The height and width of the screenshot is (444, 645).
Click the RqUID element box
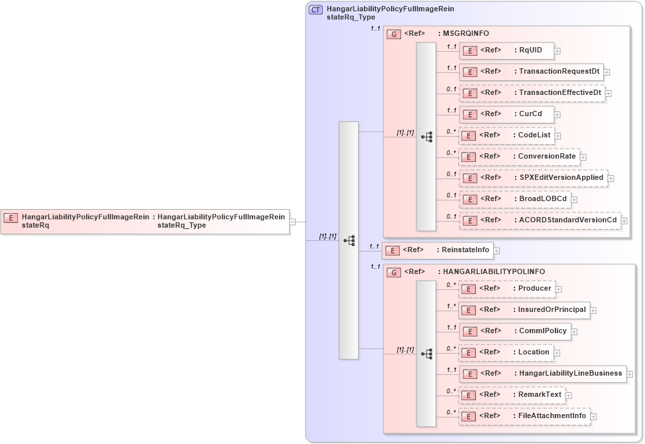(x=506, y=50)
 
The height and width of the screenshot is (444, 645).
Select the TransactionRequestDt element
(x=531, y=72)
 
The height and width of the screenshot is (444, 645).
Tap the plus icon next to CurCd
(x=557, y=114)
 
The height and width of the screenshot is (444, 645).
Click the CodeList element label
(x=534, y=135)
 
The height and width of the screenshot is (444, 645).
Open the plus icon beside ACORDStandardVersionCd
(x=624, y=220)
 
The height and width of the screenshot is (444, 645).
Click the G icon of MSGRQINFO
(x=394, y=34)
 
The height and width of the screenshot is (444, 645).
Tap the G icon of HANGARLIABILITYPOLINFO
(x=393, y=272)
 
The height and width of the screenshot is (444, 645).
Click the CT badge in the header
(x=316, y=10)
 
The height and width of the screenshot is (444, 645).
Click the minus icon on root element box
(x=292, y=222)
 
